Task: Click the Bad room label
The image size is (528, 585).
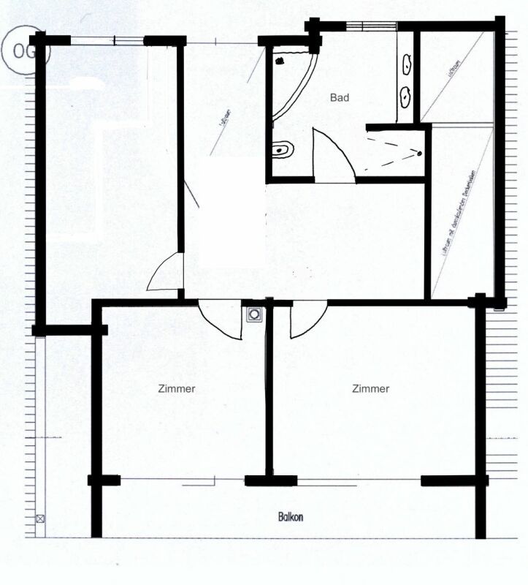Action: click(x=340, y=97)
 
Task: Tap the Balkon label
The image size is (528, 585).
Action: click(x=291, y=517)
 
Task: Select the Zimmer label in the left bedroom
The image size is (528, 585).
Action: click(x=177, y=389)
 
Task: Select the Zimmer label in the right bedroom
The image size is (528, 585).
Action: click(x=370, y=389)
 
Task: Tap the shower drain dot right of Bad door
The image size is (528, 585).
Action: click(x=420, y=153)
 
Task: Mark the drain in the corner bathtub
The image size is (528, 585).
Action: click(x=278, y=61)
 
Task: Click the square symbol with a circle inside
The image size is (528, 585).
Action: click(x=254, y=314)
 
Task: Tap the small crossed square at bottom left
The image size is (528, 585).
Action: click(x=40, y=519)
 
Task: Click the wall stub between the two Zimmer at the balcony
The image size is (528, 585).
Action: click(x=270, y=480)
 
